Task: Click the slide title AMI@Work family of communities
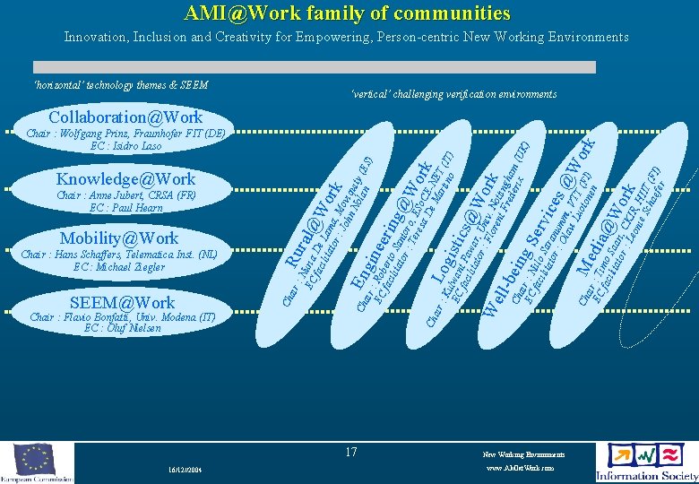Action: pyautogui.click(x=347, y=13)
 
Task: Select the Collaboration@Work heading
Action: pyautogui.click(x=125, y=117)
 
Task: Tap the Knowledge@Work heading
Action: pyautogui.click(x=125, y=179)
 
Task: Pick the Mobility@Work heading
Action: pyautogui.click(x=119, y=238)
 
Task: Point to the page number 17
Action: pyautogui.click(x=351, y=453)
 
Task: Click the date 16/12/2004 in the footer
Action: pyautogui.click(x=185, y=470)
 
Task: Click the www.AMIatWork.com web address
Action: pyautogui.click(x=519, y=468)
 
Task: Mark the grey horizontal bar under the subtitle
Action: pyautogui.click(x=314, y=67)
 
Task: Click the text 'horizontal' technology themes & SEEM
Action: pyautogui.click(x=120, y=85)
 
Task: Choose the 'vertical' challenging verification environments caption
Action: pyautogui.click(x=453, y=94)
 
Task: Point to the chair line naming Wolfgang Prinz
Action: pyautogui.click(x=125, y=134)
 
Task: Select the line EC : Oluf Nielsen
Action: pyautogui.click(x=122, y=328)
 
